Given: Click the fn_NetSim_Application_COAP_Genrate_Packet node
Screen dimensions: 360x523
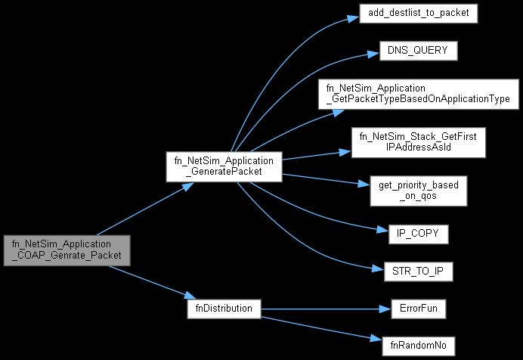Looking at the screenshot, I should [67, 250].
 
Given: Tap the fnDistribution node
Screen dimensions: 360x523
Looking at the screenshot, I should [224, 309].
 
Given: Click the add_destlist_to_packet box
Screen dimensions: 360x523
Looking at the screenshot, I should [419, 14].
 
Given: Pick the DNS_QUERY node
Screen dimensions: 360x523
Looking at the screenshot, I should [419, 51].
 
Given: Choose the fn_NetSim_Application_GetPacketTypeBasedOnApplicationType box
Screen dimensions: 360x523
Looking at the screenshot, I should [419, 94].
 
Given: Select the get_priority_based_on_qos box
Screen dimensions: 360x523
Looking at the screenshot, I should [419, 190].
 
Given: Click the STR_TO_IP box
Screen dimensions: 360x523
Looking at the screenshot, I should [419, 270].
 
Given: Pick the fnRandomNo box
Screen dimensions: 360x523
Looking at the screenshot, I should [419, 346].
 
